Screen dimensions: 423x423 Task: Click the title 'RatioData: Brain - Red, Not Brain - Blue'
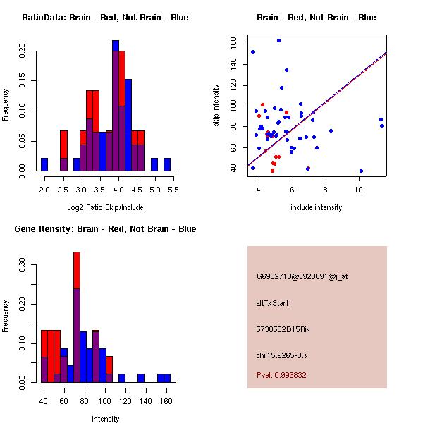click(x=105, y=18)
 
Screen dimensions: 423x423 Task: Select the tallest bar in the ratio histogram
click(x=116, y=106)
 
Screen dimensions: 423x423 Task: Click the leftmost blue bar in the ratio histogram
click(x=44, y=164)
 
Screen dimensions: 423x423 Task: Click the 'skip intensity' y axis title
click(x=217, y=106)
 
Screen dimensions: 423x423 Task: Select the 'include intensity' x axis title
click(x=317, y=207)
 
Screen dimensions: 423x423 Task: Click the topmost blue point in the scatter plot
click(x=278, y=40)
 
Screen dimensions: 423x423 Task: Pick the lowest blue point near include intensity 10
click(x=361, y=171)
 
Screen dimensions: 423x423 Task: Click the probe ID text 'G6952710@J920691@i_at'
click(x=302, y=276)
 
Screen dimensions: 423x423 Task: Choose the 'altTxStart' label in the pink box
click(x=273, y=303)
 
